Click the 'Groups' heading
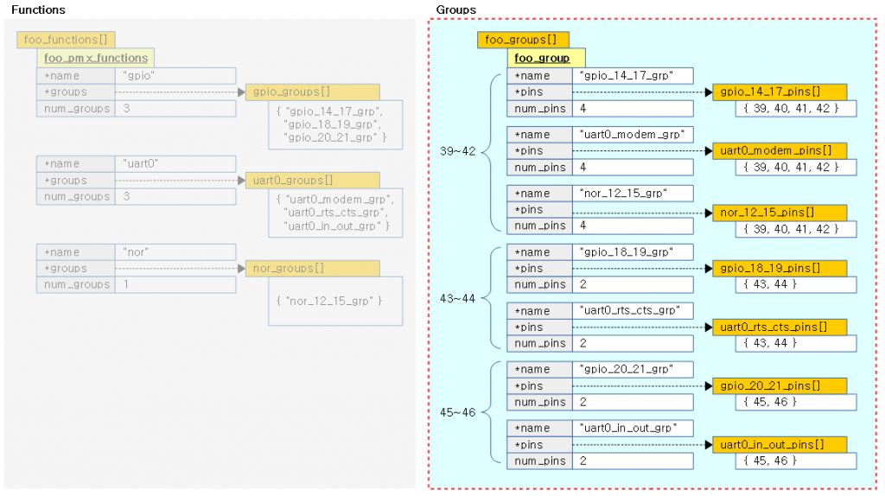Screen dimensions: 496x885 pos(455,10)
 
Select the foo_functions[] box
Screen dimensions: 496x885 pos(66,40)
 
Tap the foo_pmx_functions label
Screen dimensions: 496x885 pos(96,58)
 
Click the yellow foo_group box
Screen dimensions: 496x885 pos(542,58)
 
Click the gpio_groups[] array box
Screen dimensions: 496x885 pos(313,92)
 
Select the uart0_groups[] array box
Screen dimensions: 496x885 pos(313,181)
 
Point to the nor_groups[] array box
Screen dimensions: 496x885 pos(313,269)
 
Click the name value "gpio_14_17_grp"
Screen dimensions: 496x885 pos(637,76)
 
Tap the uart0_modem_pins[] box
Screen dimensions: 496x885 pos(780,151)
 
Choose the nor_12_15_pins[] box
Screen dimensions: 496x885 pos(780,212)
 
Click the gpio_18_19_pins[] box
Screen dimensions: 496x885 pos(780,269)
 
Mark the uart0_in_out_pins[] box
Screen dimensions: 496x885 pos(780,445)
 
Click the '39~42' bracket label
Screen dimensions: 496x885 pos(458,151)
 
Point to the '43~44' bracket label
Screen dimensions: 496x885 pos(458,298)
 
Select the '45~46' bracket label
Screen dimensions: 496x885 pos(458,412)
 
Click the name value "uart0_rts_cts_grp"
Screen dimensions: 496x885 pos(637,310)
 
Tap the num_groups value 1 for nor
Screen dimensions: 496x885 pos(127,284)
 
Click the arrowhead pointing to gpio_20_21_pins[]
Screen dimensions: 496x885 pos(708,386)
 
